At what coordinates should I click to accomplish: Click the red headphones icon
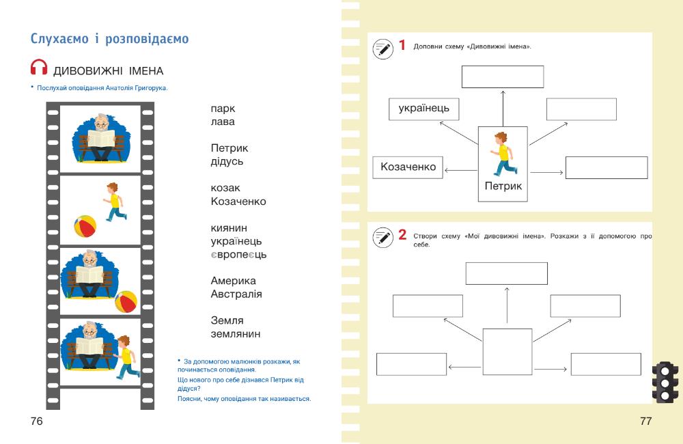[x=40, y=68]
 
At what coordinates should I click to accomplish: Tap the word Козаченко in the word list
[x=238, y=202]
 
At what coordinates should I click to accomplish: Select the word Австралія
[x=236, y=294]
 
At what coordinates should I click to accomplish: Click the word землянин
[x=236, y=333]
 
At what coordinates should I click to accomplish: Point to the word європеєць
[x=238, y=254]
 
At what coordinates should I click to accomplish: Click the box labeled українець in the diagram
[x=424, y=109]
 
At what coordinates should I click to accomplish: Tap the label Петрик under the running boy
[x=503, y=185]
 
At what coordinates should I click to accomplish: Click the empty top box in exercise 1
[x=503, y=77]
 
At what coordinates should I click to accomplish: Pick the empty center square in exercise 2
[x=507, y=348]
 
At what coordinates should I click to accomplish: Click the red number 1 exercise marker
[x=402, y=46]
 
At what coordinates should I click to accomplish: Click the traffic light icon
[x=664, y=381]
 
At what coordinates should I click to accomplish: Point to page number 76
[x=37, y=421]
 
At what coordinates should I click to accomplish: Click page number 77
[x=645, y=421]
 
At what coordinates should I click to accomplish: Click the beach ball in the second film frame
[x=85, y=225]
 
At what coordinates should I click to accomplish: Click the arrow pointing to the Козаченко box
[x=460, y=170]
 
